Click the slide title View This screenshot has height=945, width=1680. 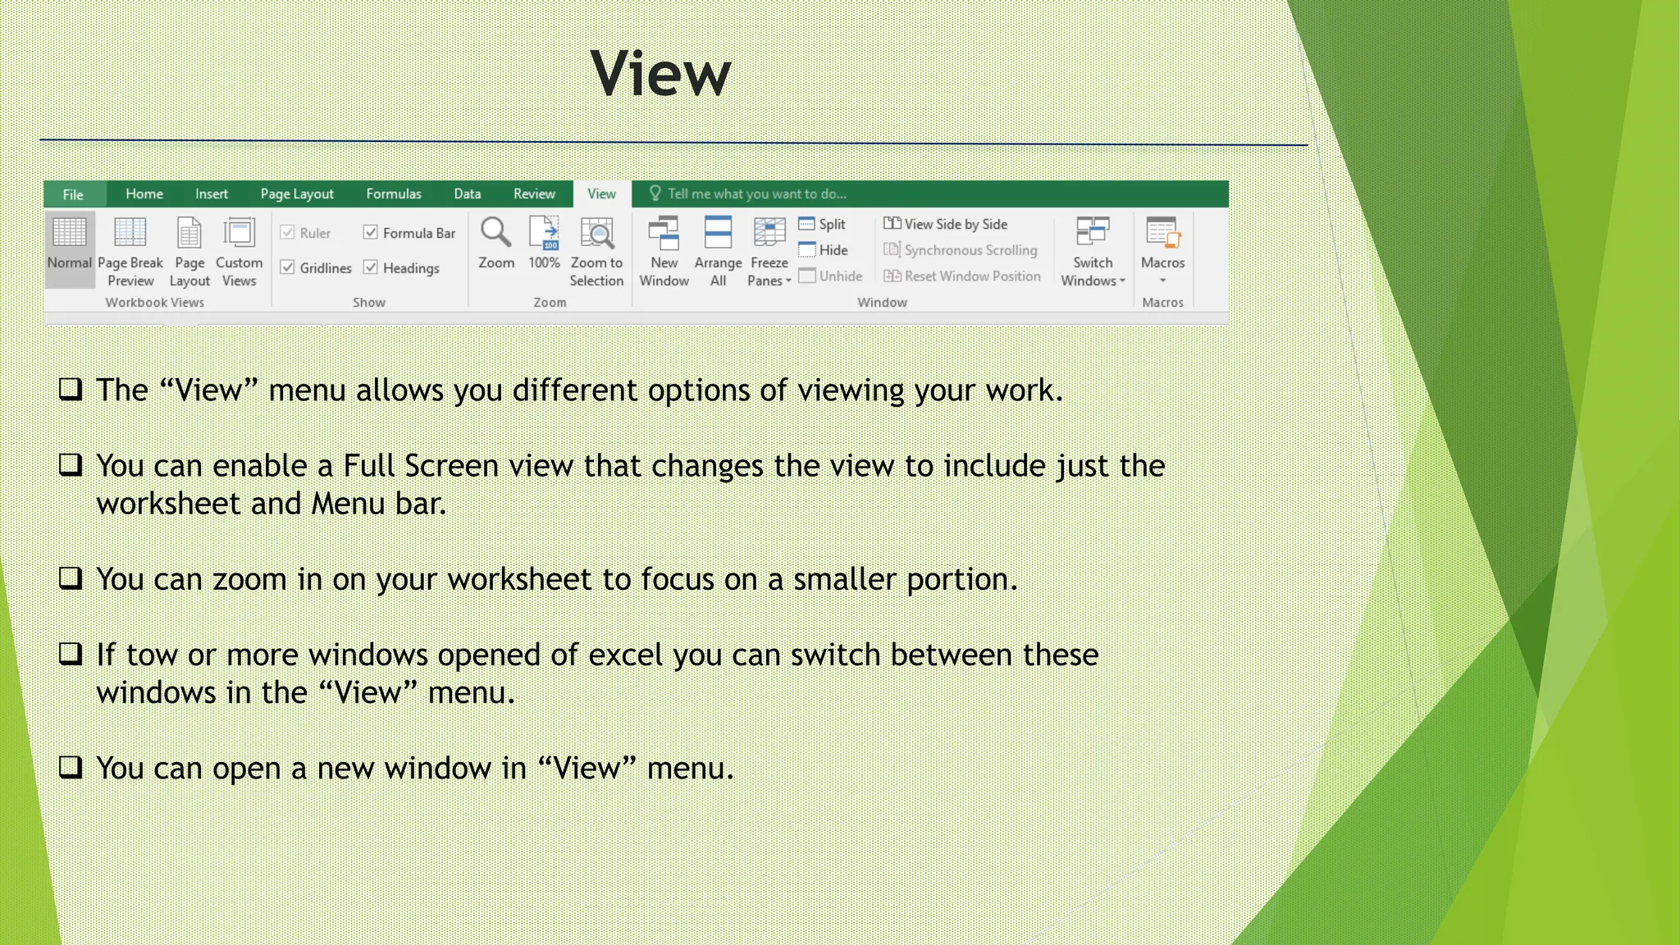click(x=660, y=74)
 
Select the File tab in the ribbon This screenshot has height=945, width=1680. click(x=74, y=194)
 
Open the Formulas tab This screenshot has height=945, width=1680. click(x=394, y=194)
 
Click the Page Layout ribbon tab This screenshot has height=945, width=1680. click(x=297, y=194)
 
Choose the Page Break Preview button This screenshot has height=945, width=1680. click(x=130, y=250)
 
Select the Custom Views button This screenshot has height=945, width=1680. click(x=239, y=250)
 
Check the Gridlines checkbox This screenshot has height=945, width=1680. click(x=288, y=267)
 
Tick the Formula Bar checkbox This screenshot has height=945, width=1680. click(x=371, y=233)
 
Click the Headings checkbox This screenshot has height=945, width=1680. click(x=371, y=267)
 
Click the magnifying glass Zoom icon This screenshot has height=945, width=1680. click(x=496, y=233)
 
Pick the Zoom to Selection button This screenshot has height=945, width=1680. click(x=596, y=250)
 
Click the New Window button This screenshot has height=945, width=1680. click(x=664, y=250)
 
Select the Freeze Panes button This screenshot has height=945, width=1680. click(x=769, y=250)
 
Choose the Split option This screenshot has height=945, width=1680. click(x=823, y=224)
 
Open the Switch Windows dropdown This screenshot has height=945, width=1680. click(x=1093, y=250)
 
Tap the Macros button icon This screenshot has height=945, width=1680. click(x=1162, y=233)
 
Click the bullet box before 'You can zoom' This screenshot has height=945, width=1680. click(x=71, y=578)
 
